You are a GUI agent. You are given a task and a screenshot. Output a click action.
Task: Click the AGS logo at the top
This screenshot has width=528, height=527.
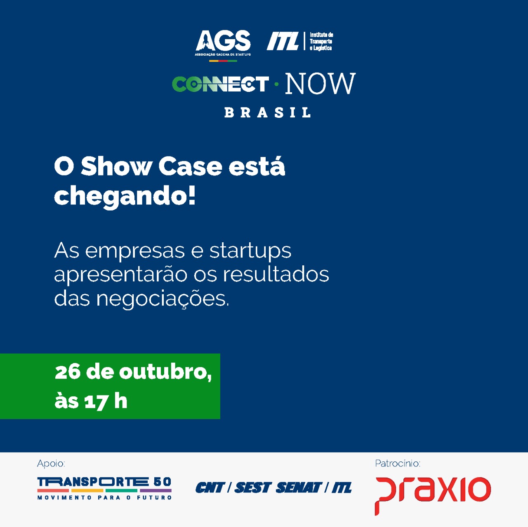click(x=223, y=45)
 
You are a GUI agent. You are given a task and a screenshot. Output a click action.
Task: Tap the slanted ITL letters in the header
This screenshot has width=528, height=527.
click(x=283, y=41)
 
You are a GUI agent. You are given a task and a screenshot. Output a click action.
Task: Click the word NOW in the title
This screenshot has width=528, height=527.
click(x=321, y=84)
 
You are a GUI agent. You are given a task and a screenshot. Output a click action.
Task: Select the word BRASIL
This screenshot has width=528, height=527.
click(x=267, y=112)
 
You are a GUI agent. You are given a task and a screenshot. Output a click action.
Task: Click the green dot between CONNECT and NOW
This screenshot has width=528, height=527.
click(x=276, y=84)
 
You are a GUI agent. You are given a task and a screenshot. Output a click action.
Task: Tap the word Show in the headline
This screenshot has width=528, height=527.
click(x=116, y=166)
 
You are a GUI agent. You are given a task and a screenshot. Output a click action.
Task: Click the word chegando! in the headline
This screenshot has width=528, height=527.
click(x=125, y=197)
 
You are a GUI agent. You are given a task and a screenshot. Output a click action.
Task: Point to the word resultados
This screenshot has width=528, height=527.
click(x=276, y=274)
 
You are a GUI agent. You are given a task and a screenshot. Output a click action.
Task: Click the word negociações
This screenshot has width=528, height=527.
click(x=163, y=299)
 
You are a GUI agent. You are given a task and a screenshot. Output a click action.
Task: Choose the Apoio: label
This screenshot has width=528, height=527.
click(x=51, y=464)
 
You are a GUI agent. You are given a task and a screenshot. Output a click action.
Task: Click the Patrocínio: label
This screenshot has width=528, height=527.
click(x=398, y=464)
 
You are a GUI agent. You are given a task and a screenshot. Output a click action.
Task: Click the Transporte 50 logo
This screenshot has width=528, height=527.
click(x=104, y=488)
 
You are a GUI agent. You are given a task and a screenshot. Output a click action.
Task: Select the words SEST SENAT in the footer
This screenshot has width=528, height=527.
click(x=278, y=488)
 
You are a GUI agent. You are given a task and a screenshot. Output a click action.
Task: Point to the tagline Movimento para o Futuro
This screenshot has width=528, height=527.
click(x=104, y=497)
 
